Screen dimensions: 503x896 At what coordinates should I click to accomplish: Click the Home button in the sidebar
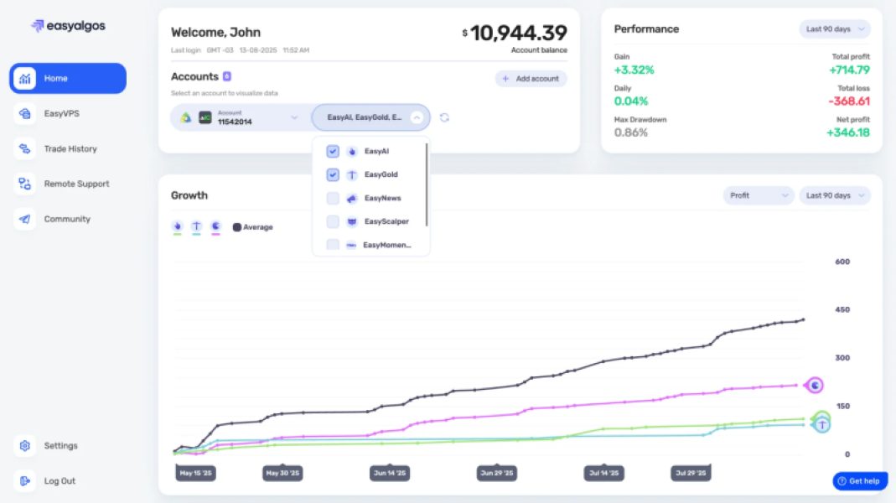click(x=67, y=78)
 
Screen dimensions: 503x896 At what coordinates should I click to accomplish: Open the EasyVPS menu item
click(x=61, y=113)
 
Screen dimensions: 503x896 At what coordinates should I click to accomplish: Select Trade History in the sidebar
click(x=70, y=148)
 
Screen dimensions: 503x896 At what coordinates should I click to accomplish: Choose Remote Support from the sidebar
click(x=75, y=184)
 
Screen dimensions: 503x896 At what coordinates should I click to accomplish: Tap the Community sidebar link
click(x=66, y=219)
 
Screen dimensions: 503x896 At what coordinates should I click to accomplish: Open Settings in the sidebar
click(x=60, y=446)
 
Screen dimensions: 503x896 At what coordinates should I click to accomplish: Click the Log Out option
click(x=59, y=481)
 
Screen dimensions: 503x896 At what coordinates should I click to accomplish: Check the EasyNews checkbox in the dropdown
click(x=333, y=199)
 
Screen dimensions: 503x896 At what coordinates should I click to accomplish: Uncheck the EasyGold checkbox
click(x=333, y=175)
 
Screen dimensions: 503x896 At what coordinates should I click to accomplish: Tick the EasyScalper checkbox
click(x=333, y=222)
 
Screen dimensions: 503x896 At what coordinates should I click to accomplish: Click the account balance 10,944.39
click(x=518, y=33)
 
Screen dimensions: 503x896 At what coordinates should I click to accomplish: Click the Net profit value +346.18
click(x=847, y=132)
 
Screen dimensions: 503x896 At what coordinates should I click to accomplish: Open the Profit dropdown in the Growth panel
click(x=758, y=195)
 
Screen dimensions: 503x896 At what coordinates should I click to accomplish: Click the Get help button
click(x=859, y=481)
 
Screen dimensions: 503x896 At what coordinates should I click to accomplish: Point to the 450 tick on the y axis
click(x=842, y=309)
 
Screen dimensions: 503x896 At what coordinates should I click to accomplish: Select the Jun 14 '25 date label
click(x=389, y=474)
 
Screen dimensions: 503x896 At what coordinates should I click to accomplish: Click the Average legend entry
click(x=252, y=227)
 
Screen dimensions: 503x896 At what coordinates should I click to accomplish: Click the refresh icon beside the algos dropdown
click(x=444, y=117)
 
